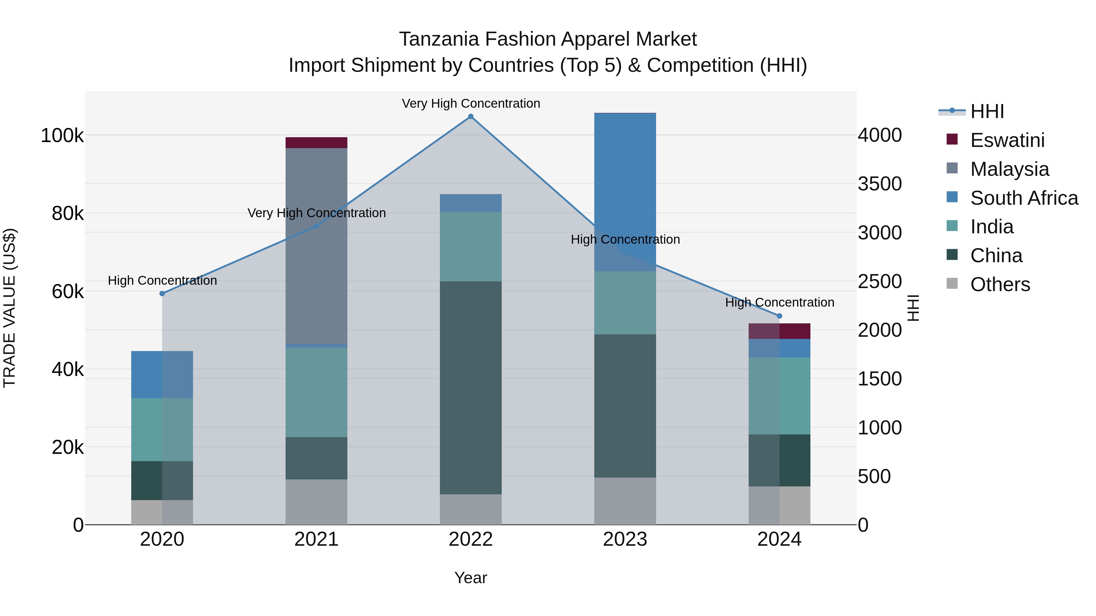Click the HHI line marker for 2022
tap(471, 117)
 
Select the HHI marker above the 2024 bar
tap(779, 316)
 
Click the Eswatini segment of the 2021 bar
tap(316, 143)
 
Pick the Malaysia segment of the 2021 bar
tap(316, 246)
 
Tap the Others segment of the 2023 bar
tap(625, 501)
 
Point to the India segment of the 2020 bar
tap(162, 429)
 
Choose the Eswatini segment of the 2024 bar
tap(779, 331)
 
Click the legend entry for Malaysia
tap(1009, 169)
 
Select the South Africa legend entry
tap(1024, 198)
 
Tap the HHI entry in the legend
tap(987, 111)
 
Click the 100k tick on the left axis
tap(62, 136)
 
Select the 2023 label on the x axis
tap(625, 539)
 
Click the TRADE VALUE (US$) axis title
tap(10, 308)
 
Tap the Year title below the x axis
tap(471, 578)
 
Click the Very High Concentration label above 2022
tap(471, 103)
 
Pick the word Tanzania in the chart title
tap(438, 39)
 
